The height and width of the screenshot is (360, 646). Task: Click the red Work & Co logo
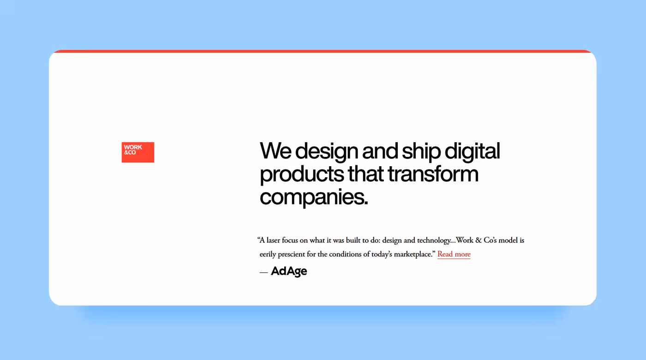pos(138,152)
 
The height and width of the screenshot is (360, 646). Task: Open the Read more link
pos(454,254)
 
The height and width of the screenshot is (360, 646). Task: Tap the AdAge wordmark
pos(289,271)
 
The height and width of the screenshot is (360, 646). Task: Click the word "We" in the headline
pos(275,151)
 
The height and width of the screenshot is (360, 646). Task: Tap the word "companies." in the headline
pos(314,198)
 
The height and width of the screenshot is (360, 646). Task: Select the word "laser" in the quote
pos(275,240)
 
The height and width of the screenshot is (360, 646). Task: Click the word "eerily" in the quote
pos(269,254)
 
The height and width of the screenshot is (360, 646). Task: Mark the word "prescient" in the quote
pos(295,254)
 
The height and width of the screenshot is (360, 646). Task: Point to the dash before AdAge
pos(263,272)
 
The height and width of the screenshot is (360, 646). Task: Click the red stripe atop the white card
pos(323,51)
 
